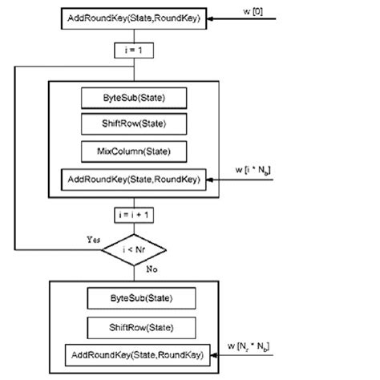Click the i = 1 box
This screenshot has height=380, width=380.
(x=133, y=51)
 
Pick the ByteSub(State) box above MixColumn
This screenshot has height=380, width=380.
(x=134, y=98)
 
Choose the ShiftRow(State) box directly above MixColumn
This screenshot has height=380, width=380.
(x=134, y=123)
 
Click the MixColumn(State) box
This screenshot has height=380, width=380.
(x=134, y=151)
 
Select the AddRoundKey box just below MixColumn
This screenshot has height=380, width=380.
(x=134, y=178)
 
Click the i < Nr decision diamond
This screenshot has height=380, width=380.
(x=134, y=249)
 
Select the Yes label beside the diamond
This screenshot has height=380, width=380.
(x=90, y=239)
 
